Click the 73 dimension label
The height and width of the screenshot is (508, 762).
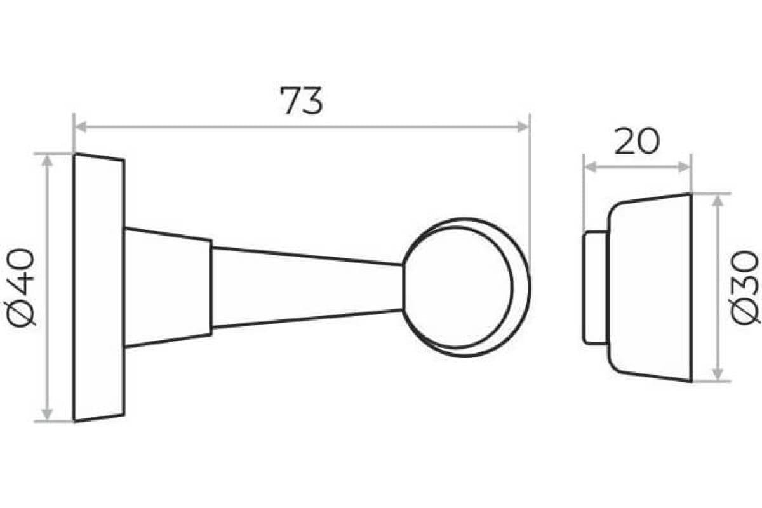301,101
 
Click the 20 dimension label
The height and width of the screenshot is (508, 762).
637,141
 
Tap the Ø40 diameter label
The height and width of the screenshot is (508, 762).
21,287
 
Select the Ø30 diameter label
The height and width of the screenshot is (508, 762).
745,288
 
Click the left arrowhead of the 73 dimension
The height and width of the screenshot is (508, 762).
80,126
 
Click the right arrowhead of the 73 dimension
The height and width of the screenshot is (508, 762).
523,126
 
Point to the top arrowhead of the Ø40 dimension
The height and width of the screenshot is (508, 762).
47,161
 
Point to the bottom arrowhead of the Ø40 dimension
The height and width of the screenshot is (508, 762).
47,415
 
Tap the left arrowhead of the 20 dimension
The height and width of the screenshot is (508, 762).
590,167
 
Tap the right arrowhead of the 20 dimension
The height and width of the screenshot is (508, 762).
684,167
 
